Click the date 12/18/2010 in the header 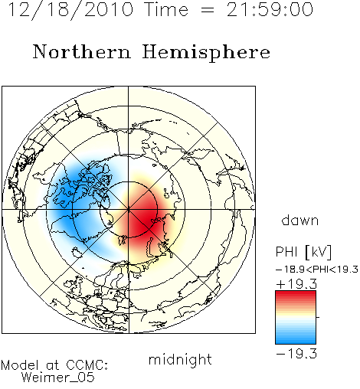tap(70, 10)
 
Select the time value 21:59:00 tap(270, 9)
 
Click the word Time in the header tap(166, 9)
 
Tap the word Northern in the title tap(82, 51)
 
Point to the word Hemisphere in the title tap(206, 53)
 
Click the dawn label tap(300, 221)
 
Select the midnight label tap(180, 360)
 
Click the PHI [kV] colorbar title tap(303, 252)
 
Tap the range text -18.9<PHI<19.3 tap(317, 270)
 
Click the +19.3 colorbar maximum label tap(296, 284)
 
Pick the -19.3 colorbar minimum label tap(296, 354)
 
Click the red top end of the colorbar tap(296, 293)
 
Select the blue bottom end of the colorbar tap(296, 342)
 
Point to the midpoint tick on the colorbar tap(318, 317)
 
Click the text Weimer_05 tap(58, 377)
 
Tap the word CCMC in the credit tap(87, 365)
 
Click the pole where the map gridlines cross tap(129, 210)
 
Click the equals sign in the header tap(208, 11)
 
